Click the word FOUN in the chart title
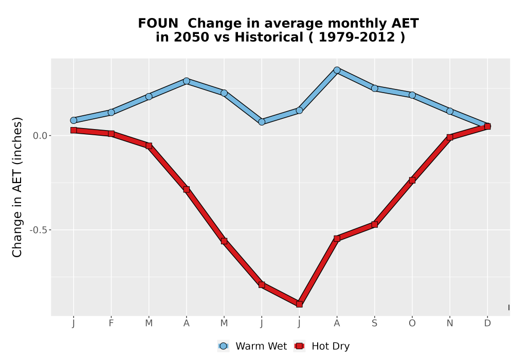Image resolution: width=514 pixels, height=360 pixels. coord(158,23)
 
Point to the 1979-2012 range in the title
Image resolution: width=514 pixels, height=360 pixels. coord(356,37)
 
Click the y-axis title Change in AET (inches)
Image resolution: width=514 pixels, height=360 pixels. coord(17,187)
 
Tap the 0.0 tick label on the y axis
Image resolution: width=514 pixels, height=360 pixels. coord(40,135)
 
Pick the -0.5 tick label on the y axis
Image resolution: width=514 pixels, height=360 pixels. coord(39,230)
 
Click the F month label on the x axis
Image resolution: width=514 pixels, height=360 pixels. coord(111,323)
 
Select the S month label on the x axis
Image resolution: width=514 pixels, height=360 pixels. coord(374,323)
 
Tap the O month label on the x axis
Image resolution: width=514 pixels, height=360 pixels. coord(412,323)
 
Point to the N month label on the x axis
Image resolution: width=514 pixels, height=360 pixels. coord(450,323)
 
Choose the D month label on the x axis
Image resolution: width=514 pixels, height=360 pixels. coord(487,323)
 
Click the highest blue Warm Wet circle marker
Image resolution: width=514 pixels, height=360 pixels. coord(337,70)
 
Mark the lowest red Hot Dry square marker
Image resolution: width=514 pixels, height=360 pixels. coord(299,304)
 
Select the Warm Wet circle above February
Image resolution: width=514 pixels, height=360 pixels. coord(111,113)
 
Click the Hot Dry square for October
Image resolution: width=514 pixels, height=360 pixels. coord(412,181)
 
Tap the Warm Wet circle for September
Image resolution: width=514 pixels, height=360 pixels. coord(374,88)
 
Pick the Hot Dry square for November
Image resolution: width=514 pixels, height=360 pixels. coord(450,137)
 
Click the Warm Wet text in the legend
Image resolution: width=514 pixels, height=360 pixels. coord(261,346)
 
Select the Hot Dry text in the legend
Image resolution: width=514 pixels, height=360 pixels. coord(331,346)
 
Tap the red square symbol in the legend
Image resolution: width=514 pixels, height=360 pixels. coord(299,346)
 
